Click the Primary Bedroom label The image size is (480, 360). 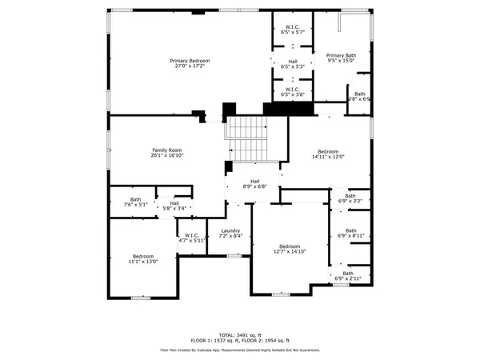189,62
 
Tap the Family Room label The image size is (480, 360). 168,150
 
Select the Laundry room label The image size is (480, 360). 230,230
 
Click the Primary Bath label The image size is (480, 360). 342,55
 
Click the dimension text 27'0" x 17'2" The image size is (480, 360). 189,67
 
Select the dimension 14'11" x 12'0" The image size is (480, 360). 328,157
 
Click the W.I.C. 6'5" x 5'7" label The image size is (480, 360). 292,31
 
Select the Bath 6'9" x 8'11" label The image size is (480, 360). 350,232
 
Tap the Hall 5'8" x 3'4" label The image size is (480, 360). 174,205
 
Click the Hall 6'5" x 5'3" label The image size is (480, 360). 292,65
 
